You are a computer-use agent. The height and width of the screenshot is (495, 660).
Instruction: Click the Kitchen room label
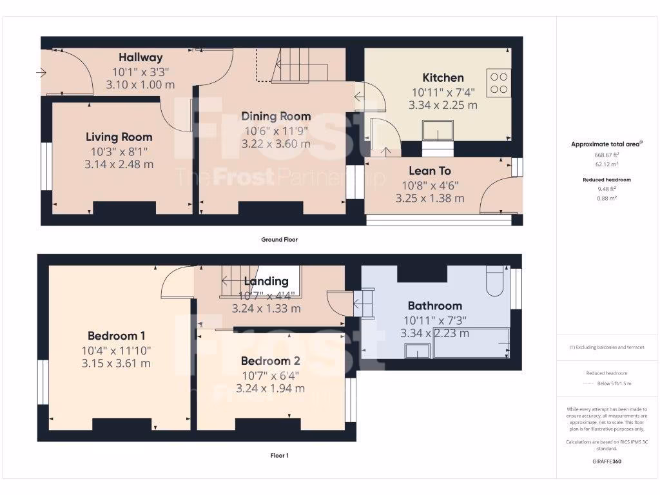tap(443, 77)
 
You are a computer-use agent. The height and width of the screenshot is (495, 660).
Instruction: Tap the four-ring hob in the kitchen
tap(500, 82)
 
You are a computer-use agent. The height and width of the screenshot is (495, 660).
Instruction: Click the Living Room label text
tap(119, 137)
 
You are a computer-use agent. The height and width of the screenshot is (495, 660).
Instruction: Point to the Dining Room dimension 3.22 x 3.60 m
tap(276, 144)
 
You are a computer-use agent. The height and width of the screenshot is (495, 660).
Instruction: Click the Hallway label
tap(141, 57)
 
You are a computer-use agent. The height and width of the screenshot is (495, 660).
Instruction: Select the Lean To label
tap(429, 171)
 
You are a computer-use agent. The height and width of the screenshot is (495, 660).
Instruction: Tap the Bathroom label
tap(434, 306)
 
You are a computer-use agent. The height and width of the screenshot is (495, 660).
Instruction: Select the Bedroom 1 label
tap(116, 335)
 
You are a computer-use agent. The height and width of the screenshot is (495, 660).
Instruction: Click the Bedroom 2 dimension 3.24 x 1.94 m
tap(270, 388)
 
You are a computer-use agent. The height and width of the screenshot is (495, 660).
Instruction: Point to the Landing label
tap(266, 281)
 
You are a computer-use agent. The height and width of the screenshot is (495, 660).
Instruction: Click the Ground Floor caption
tap(279, 239)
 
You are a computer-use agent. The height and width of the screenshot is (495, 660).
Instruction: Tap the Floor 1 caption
tap(279, 455)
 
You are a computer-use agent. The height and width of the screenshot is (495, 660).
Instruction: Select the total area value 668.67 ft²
tap(606, 155)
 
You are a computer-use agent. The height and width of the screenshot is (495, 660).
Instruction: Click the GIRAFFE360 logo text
tap(606, 461)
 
